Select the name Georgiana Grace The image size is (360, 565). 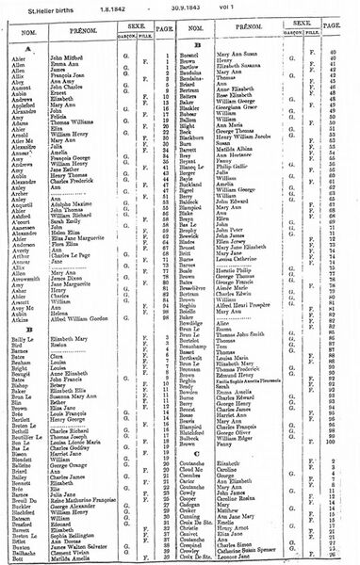point(244,111)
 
